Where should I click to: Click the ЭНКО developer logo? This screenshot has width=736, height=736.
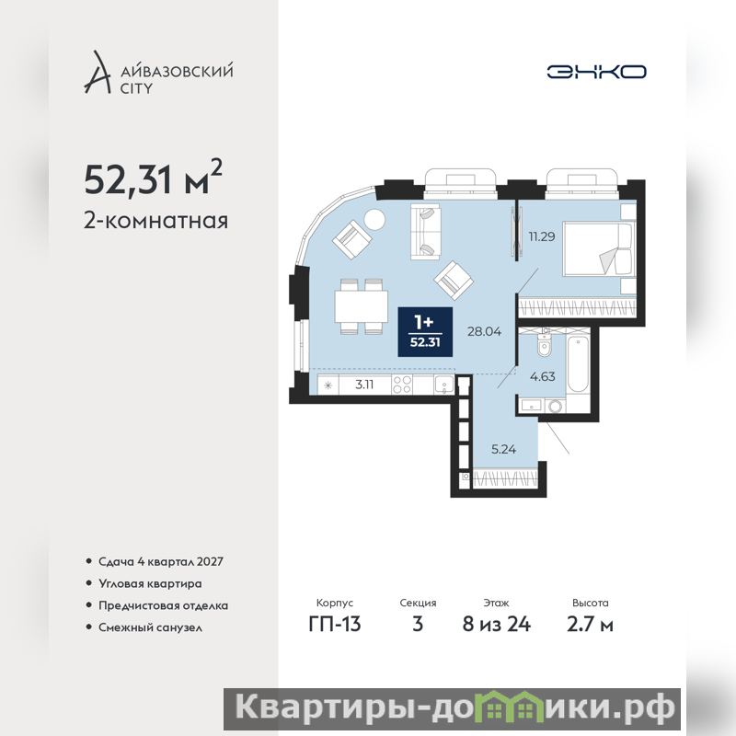pos(596,72)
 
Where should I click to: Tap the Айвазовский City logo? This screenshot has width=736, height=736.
pos(158,73)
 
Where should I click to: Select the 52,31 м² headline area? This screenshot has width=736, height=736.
pos(153,178)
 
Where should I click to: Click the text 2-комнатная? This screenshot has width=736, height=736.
pos(155,221)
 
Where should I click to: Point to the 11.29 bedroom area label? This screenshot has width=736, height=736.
pos(542,236)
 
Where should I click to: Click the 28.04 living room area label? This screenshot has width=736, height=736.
pos(484,331)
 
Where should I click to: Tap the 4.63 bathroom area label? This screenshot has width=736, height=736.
pos(542,376)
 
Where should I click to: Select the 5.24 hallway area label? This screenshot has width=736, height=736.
pos(503,449)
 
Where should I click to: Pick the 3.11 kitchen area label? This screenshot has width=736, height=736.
pos(364,385)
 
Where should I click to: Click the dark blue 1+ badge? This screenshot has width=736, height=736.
pos(425,332)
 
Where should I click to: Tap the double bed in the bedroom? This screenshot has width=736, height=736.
pos(597,248)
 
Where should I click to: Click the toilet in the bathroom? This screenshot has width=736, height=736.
pos(544,344)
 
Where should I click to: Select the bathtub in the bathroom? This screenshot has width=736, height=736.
pos(578,364)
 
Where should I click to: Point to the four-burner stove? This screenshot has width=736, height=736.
pos(402,385)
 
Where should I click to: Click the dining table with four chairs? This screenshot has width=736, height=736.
pos(362,306)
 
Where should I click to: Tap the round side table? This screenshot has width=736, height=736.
pos(374,219)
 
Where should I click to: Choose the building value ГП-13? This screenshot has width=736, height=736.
pos(335,625)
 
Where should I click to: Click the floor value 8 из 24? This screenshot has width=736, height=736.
pos(496,625)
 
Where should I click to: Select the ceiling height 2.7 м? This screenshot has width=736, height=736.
pos(590,625)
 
